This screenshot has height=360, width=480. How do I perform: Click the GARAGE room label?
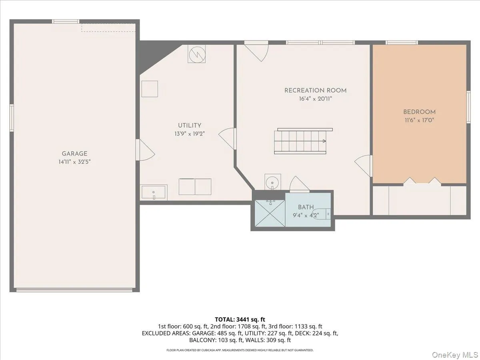tap(74, 154)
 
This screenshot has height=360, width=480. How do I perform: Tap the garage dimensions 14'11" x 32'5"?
tap(74, 162)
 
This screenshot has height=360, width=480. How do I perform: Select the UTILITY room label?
tap(190, 126)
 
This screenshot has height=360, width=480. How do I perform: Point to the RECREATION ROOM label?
tap(315, 90)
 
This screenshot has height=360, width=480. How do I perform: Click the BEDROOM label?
tap(419, 112)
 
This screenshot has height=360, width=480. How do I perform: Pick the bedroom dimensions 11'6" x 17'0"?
tap(419, 120)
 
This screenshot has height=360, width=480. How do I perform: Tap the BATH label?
tap(306, 207)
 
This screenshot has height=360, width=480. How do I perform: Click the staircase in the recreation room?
tap(300, 141)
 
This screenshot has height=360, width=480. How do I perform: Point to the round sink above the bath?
tap(273, 181)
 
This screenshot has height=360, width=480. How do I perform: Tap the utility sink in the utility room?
tap(154, 192)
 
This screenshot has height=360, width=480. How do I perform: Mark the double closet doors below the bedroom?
tap(422, 181)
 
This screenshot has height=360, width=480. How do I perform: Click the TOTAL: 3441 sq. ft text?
tap(240, 319)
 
